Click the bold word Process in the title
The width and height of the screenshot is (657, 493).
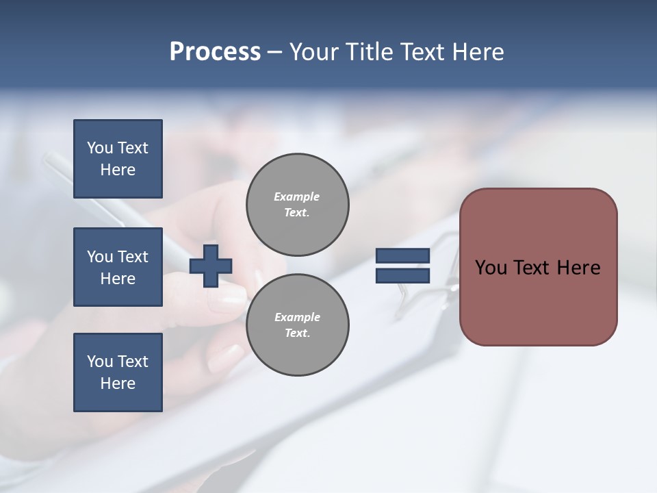pyautogui.click(x=215, y=52)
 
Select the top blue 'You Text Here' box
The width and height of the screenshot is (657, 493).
pyautogui.click(x=118, y=159)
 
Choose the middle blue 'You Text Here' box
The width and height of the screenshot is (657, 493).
pyautogui.click(x=118, y=267)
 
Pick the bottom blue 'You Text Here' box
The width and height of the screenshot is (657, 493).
pyautogui.click(x=118, y=372)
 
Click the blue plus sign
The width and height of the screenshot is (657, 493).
pyautogui.click(x=211, y=266)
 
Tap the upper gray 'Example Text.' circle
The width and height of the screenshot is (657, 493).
pyautogui.click(x=297, y=205)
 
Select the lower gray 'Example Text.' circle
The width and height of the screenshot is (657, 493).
pyautogui.click(x=297, y=325)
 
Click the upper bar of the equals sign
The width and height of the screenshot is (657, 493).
pyautogui.click(x=402, y=256)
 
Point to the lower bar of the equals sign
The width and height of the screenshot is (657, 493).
pyautogui.click(x=402, y=275)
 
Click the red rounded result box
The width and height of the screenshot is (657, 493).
pyautogui.click(x=538, y=267)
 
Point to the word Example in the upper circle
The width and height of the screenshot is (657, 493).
pyautogui.click(x=296, y=197)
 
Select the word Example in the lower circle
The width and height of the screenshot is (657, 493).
pyautogui.click(x=297, y=318)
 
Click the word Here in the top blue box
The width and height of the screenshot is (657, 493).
pyautogui.click(x=118, y=170)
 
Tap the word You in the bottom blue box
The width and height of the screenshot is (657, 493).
pyautogui.click(x=99, y=362)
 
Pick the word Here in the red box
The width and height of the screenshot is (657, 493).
pyautogui.click(x=578, y=268)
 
